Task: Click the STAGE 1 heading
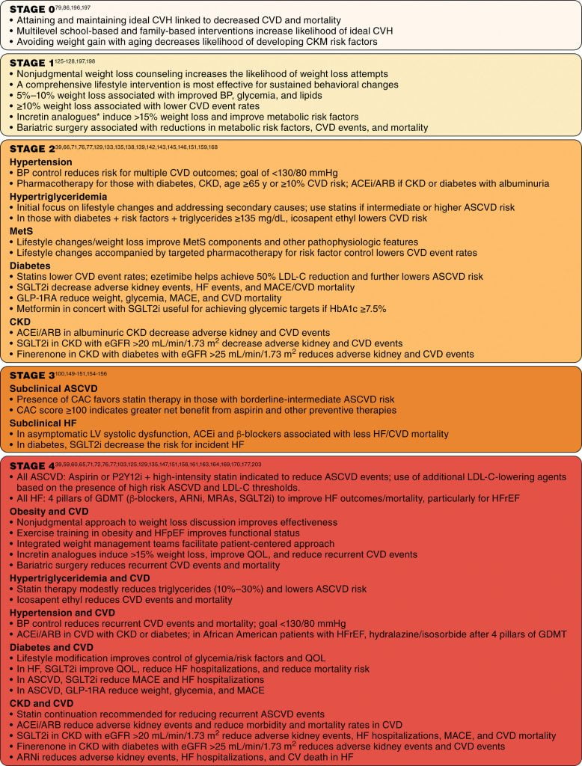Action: (x=30, y=63)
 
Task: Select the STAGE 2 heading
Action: (x=30, y=149)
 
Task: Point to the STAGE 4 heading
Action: (x=30, y=465)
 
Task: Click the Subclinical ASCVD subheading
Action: (x=55, y=388)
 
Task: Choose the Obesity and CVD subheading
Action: (x=50, y=511)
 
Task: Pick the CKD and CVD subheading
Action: (x=40, y=703)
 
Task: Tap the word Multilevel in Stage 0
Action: (x=38, y=31)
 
